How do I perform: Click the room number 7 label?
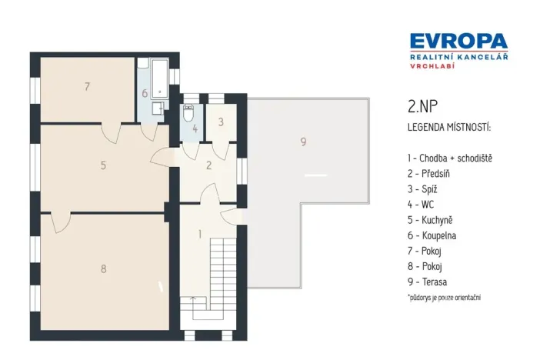point(88,86)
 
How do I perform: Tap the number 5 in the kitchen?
point(102,164)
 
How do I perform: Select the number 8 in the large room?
point(103,268)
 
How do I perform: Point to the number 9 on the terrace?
point(303,142)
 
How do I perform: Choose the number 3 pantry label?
point(220,122)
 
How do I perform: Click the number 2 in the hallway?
point(208,165)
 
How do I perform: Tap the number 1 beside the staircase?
point(199,234)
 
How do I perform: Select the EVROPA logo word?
point(458,41)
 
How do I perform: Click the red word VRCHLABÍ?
point(429,66)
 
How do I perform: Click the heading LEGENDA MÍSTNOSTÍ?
point(448,125)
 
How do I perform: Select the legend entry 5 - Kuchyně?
point(433,220)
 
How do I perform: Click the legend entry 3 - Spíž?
point(425,188)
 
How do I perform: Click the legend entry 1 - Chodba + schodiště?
point(450,158)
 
